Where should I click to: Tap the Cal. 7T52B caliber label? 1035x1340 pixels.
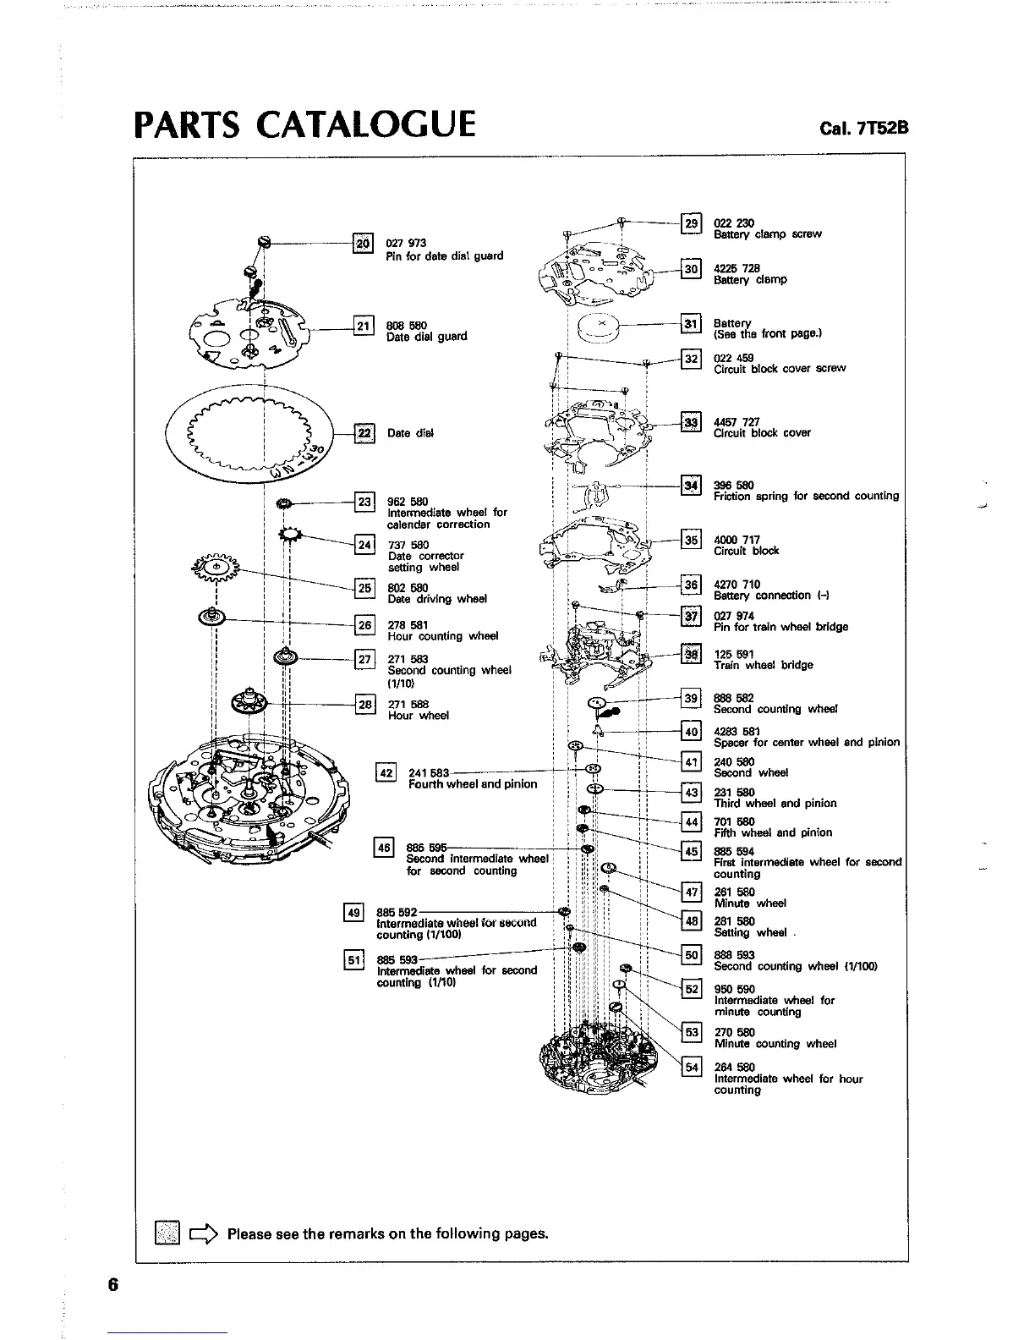[862, 129]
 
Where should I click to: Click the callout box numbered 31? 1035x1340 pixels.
[691, 323]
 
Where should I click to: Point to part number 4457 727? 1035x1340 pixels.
[737, 421]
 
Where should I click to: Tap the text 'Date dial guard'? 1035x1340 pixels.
[426, 337]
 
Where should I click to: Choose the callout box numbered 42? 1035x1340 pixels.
[386, 772]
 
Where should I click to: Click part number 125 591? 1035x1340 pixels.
[733, 654]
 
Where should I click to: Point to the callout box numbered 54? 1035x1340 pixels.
[691, 1067]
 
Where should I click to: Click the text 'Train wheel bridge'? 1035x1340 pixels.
[763, 665]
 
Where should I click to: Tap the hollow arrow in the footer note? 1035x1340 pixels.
[205, 1233]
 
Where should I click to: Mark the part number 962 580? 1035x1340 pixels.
[408, 501]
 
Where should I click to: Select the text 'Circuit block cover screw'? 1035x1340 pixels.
[779, 369]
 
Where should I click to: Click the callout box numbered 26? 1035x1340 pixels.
[364, 625]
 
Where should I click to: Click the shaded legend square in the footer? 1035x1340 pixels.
[167, 1233]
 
